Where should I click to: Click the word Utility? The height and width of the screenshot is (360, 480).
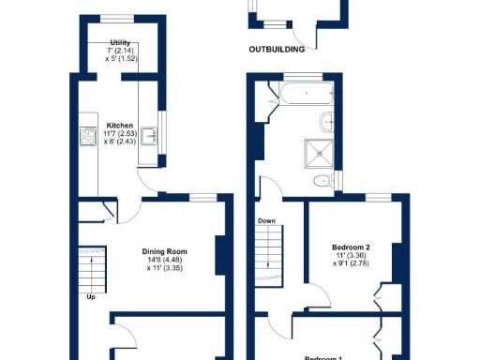click(x=120, y=43)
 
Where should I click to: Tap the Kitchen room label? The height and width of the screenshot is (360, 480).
click(x=120, y=126)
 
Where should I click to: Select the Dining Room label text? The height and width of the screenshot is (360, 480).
click(x=166, y=251)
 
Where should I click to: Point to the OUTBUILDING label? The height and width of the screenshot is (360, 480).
click(x=278, y=49)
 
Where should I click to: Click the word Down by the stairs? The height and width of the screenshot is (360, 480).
click(x=266, y=222)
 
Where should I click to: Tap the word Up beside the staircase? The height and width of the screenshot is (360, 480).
click(x=91, y=297)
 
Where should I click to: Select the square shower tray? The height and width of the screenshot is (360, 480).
click(x=316, y=152)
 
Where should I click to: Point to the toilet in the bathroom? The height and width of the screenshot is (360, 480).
click(x=321, y=181)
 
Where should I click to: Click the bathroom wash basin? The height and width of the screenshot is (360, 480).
click(x=328, y=121)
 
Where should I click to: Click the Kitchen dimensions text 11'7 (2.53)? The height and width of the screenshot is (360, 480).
click(x=120, y=134)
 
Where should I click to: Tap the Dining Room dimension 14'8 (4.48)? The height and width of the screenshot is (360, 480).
click(x=166, y=261)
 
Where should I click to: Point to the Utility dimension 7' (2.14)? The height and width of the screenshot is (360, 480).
click(x=120, y=52)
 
